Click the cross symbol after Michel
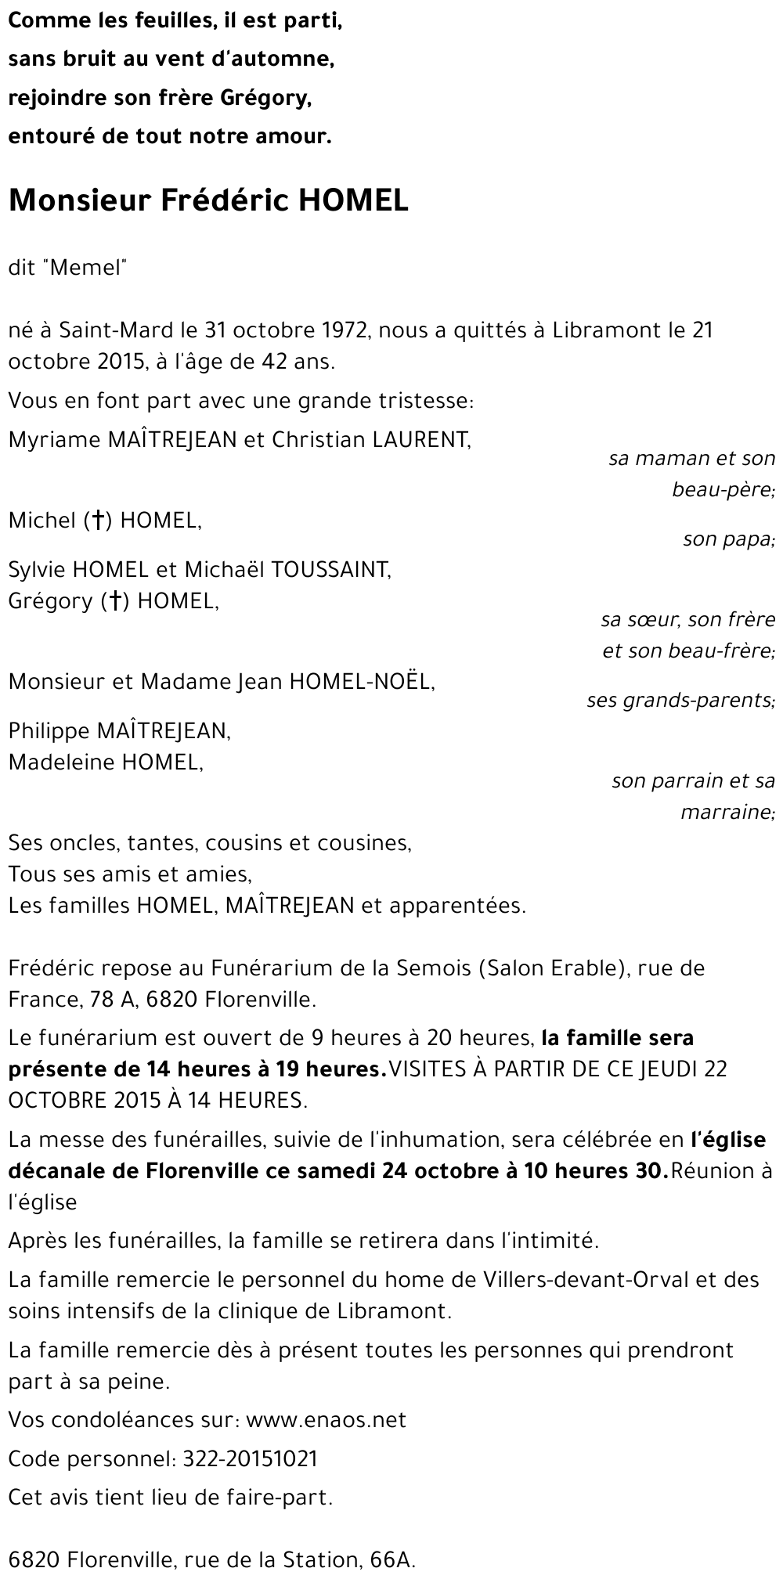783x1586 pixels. click(98, 521)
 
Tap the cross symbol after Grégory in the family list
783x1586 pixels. click(114, 601)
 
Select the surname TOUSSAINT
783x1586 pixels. click(330, 569)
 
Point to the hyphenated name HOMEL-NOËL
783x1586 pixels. click(361, 682)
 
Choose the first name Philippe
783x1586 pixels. click(49, 731)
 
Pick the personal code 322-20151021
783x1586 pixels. click(250, 1458)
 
